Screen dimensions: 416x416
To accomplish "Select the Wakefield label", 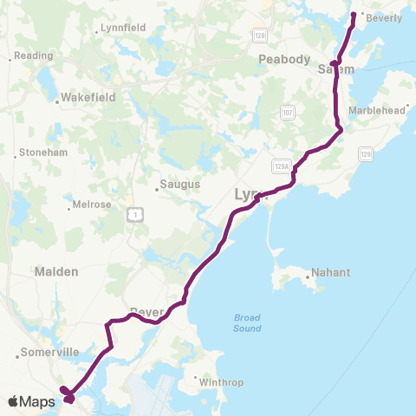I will [x=84, y=100].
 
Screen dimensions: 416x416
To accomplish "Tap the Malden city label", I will [x=56, y=271].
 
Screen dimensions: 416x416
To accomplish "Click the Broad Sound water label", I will [x=247, y=322].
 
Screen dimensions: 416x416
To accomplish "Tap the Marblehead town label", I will [x=376, y=110].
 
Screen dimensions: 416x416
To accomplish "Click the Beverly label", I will [x=386, y=17].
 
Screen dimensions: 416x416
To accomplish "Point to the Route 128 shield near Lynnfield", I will [x=259, y=35].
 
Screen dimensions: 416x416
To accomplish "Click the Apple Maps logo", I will [x=31, y=401].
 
